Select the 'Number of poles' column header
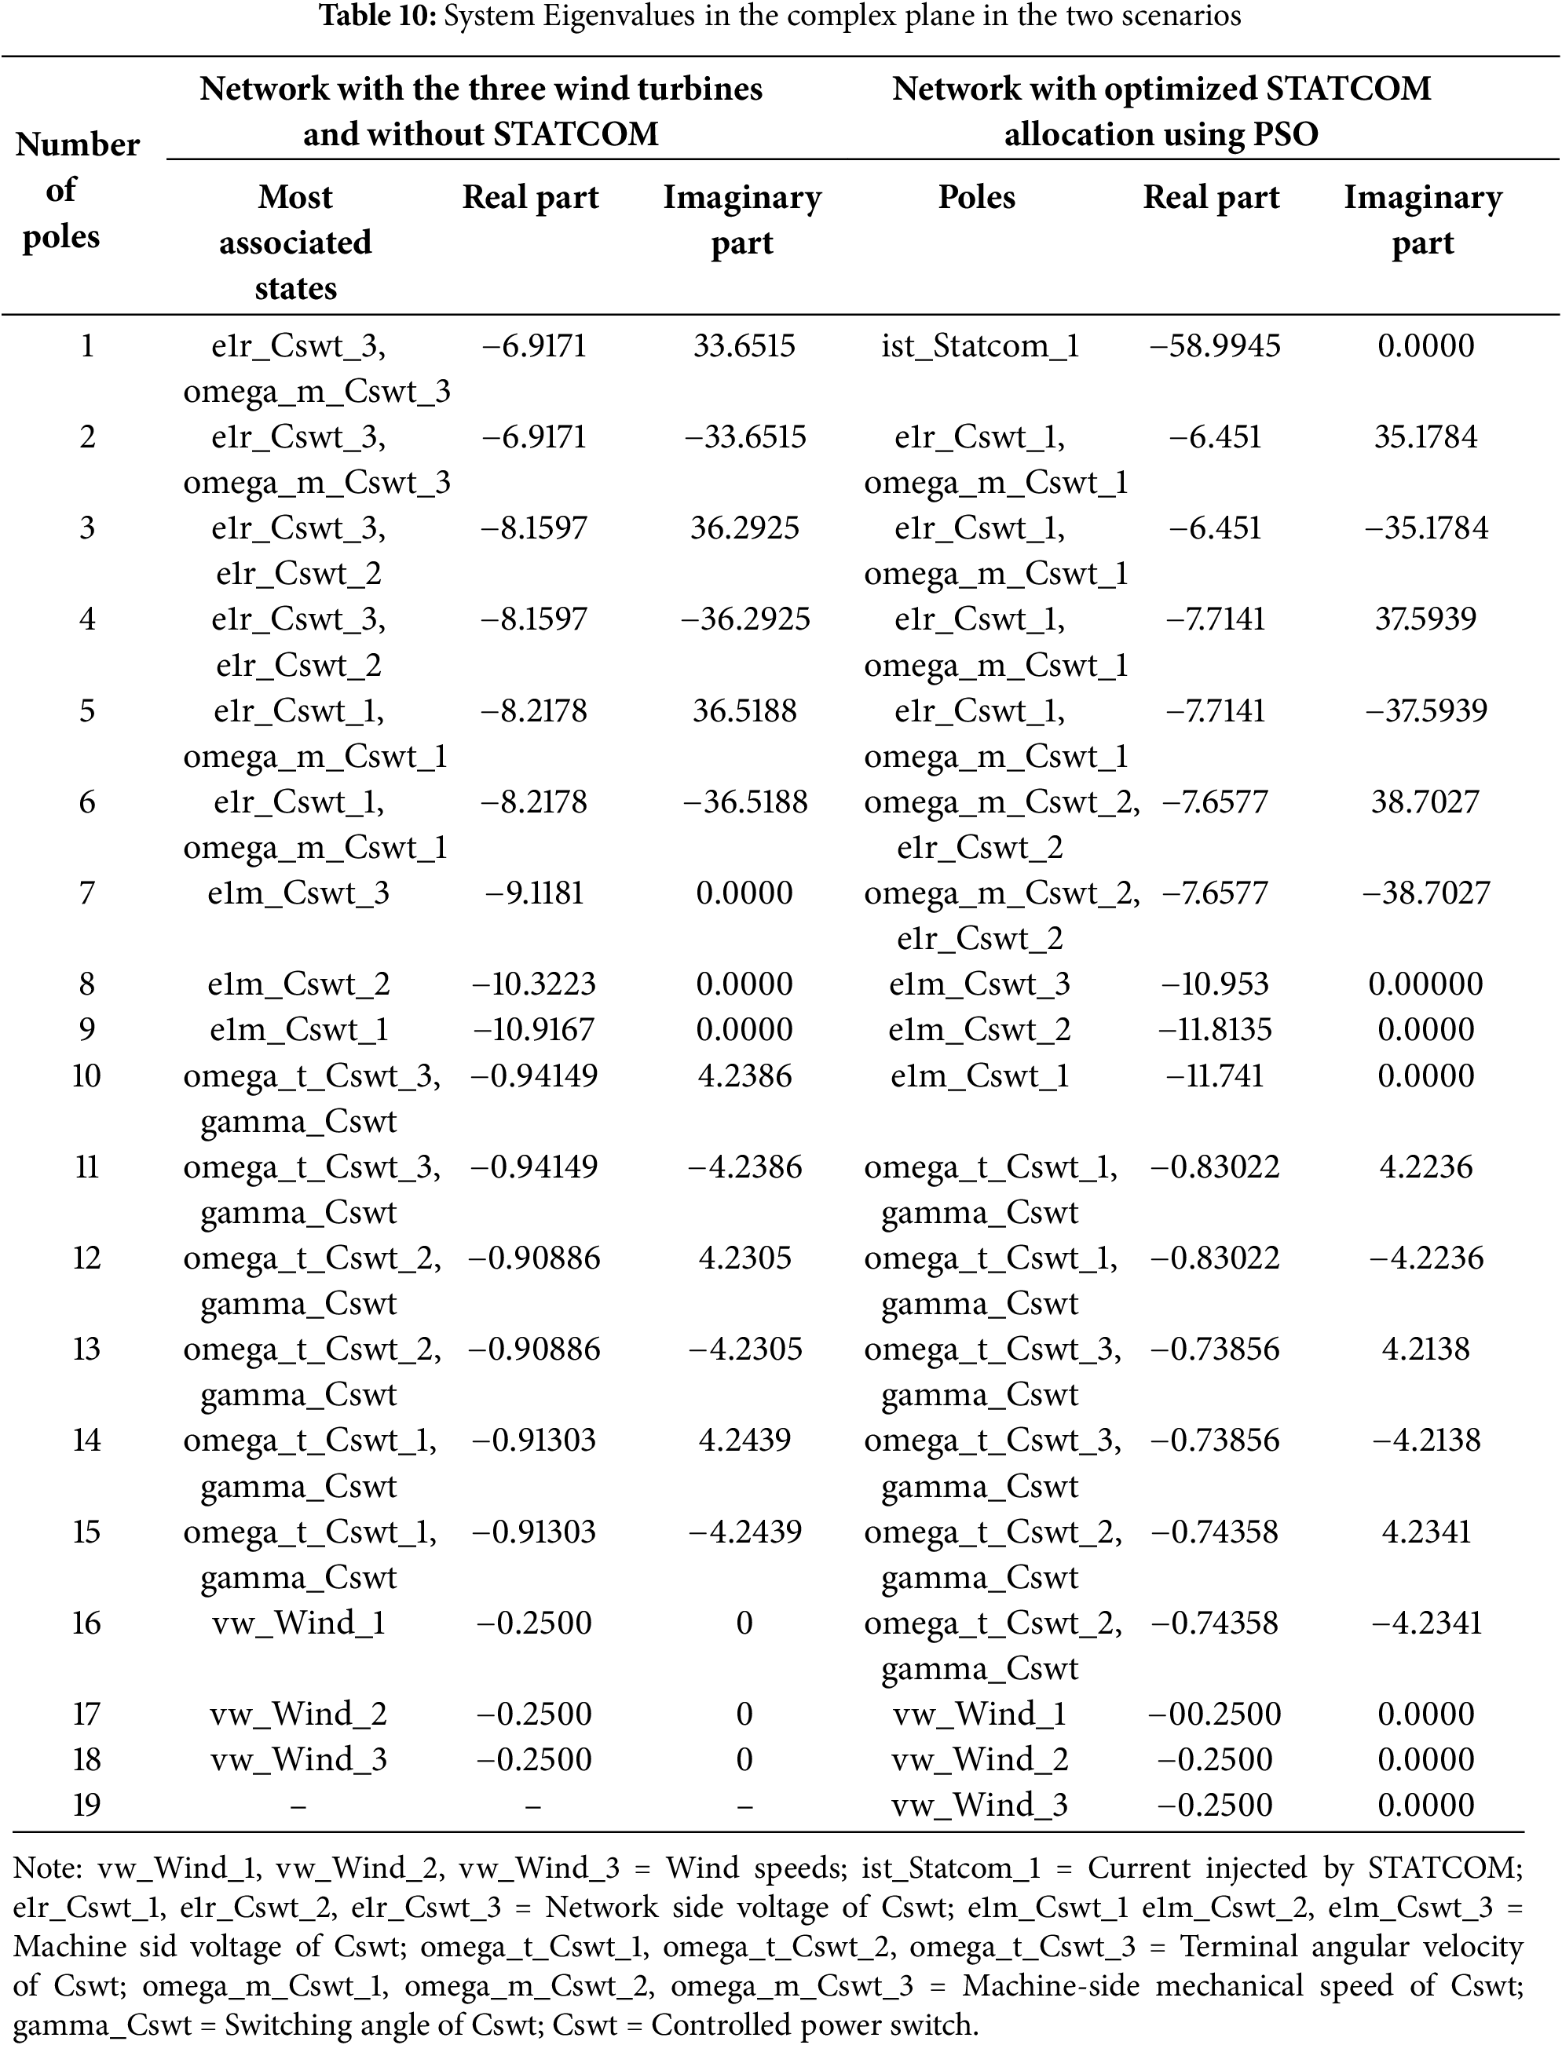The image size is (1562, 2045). (77, 191)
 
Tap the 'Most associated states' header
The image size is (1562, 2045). (295, 242)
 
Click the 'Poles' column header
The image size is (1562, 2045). (976, 197)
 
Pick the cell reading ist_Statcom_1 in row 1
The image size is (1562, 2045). (980, 345)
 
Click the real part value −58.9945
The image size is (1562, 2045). (1214, 345)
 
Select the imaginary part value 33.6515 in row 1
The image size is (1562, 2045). (744, 345)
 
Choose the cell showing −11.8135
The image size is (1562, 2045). (1214, 1029)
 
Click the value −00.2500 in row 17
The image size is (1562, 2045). (1214, 1713)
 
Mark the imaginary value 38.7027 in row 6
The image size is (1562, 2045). (1425, 802)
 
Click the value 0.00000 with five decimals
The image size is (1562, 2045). (1425, 984)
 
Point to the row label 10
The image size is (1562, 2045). (86, 1075)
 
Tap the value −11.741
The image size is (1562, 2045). (1214, 1075)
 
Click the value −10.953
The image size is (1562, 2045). (1214, 984)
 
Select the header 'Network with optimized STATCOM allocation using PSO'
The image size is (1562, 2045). (1161, 111)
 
